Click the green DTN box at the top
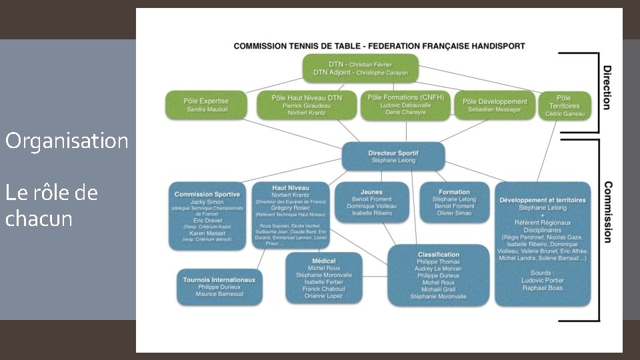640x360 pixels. click(x=360, y=68)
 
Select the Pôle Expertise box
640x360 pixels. click(x=206, y=105)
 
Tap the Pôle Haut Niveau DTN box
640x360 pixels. click(x=307, y=105)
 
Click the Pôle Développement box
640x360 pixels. click(x=495, y=105)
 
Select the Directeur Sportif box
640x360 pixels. click(x=393, y=156)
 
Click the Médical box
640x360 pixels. click(x=324, y=278)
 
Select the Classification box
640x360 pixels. click(x=438, y=275)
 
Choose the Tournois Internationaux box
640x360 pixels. click(x=219, y=287)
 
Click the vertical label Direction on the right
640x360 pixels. click(x=607, y=87)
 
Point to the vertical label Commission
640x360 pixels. click(x=607, y=213)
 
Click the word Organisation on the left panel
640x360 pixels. click(x=67, y=141)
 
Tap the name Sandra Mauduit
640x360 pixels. click(x=206, y=109)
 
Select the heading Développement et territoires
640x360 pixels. click(x=542, y=199)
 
